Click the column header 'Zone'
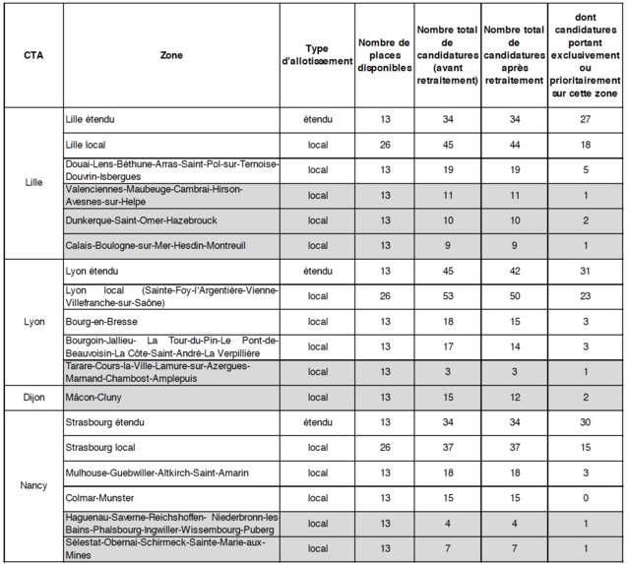170,55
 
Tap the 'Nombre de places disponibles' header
384,55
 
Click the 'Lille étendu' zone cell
91,119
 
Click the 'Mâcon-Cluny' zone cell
94,397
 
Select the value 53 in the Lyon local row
448,295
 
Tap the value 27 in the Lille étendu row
585,119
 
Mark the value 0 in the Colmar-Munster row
585,497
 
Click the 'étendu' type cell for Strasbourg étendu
317,422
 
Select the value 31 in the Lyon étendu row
585,271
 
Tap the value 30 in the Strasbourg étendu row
585,422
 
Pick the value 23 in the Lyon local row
585,295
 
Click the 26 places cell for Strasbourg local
385,447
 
